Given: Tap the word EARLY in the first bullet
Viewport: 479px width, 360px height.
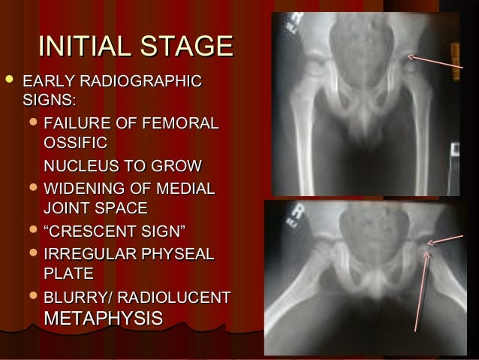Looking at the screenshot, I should click(47, 80).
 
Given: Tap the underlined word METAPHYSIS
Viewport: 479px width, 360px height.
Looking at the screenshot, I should click(104, 317).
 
